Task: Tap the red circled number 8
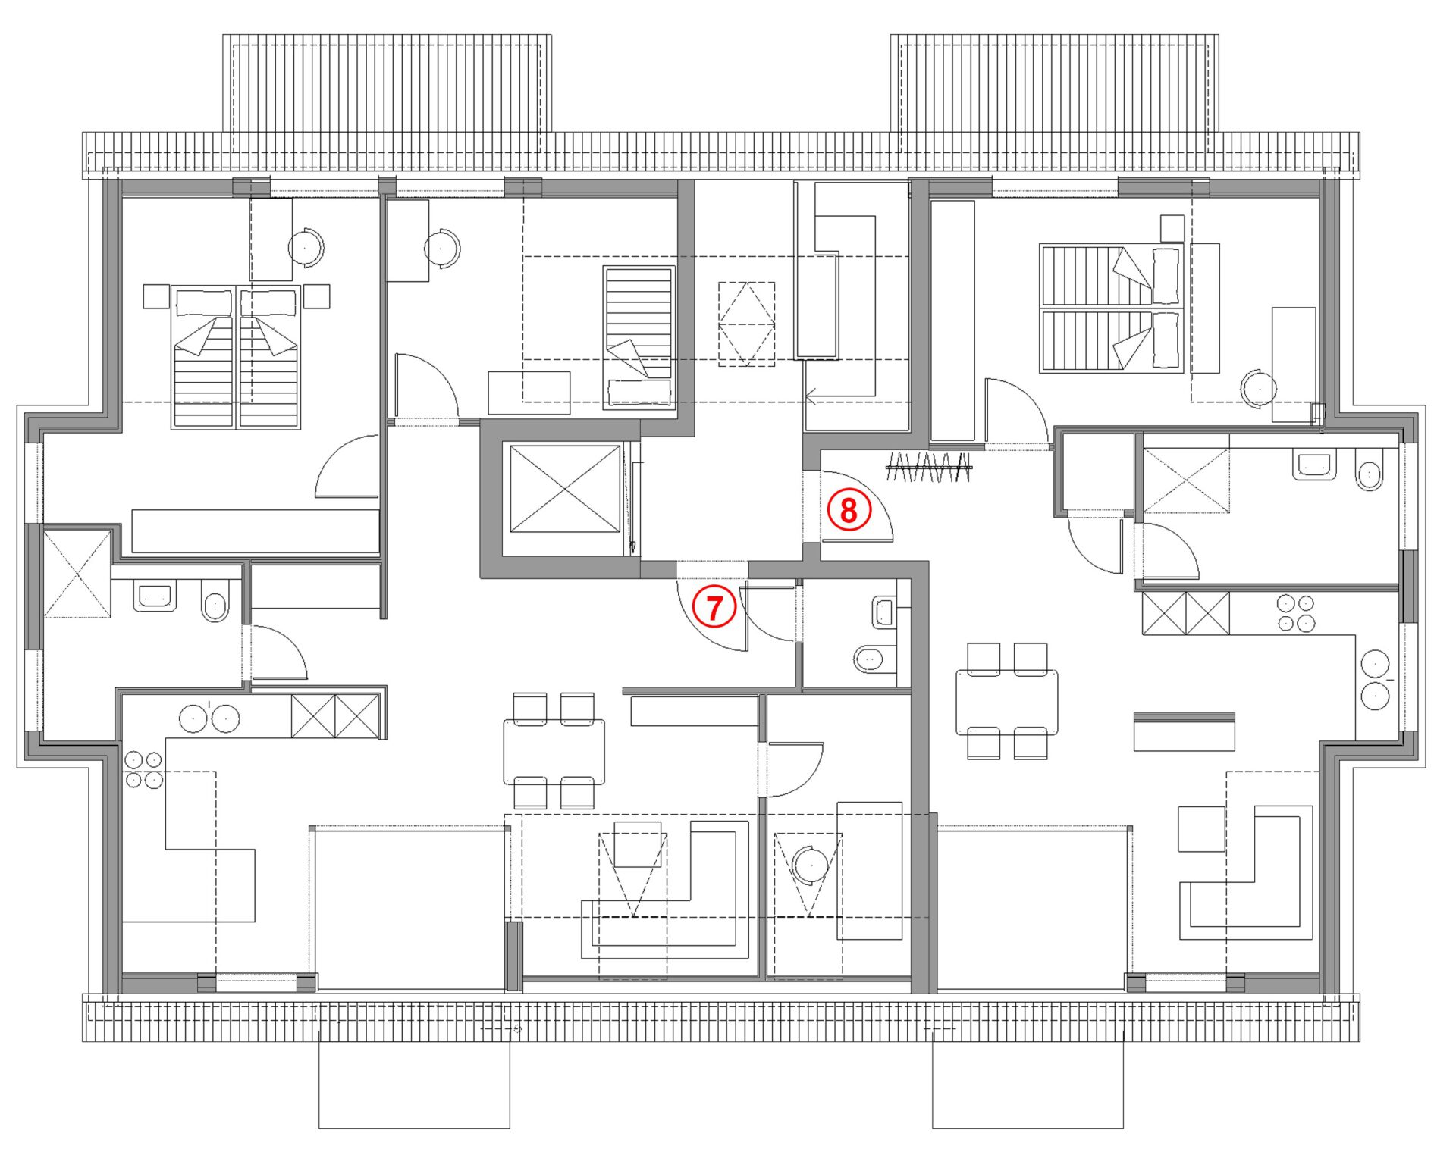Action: tap(848, 510)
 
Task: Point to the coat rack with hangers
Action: tap(929, 468)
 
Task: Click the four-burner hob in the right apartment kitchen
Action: tap(1295, 613)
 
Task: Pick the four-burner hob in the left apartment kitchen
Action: tap(144, 769)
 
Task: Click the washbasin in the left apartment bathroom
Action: tap(155, 596)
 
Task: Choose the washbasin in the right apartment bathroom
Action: tap(1314, 465)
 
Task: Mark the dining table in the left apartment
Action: tap(554, 751)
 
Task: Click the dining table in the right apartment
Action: tap(1007, 702)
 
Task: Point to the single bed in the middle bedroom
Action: tap(639, 337)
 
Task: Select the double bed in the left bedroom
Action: tap(236, 357)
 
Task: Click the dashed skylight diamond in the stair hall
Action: tap(747, 324)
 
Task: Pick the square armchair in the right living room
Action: tap(1201, 828)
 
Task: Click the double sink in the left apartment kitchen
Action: tap(209, 718)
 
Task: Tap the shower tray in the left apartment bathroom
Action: tap(77, 574)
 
